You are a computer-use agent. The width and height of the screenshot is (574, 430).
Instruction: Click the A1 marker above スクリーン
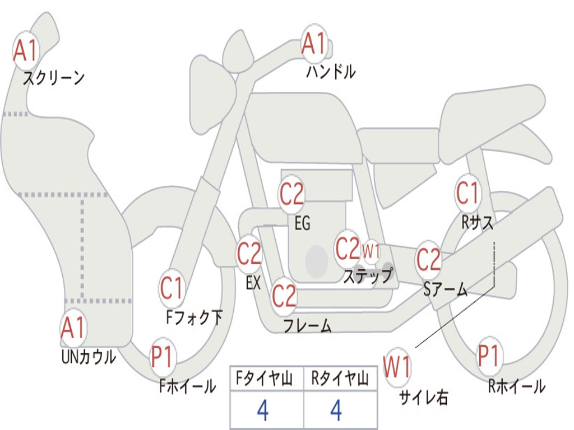[25, 51]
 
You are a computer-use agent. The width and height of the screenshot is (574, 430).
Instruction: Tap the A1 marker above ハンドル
[314, 44]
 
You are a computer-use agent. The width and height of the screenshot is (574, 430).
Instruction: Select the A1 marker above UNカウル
[73, 328]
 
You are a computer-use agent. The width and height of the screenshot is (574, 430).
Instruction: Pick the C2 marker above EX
[249, 254]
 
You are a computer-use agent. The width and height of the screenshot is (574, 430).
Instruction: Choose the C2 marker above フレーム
[284, 295]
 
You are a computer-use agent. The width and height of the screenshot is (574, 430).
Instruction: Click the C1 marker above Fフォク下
[172, 289]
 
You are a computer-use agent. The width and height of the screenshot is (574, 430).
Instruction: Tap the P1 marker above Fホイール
[163, 357]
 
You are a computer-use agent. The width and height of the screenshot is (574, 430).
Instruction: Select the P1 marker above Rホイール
[489, 356]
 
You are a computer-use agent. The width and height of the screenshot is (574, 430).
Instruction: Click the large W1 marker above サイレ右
[397, 367]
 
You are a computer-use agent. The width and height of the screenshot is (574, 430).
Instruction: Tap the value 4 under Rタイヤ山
[336, 410]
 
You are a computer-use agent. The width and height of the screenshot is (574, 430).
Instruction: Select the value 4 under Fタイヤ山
[262, 410]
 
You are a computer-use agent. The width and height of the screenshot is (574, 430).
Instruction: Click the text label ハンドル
[331, 72]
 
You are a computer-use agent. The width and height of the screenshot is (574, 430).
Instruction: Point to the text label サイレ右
[424, 397]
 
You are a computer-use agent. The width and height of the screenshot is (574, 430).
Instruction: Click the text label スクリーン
[53, 78]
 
